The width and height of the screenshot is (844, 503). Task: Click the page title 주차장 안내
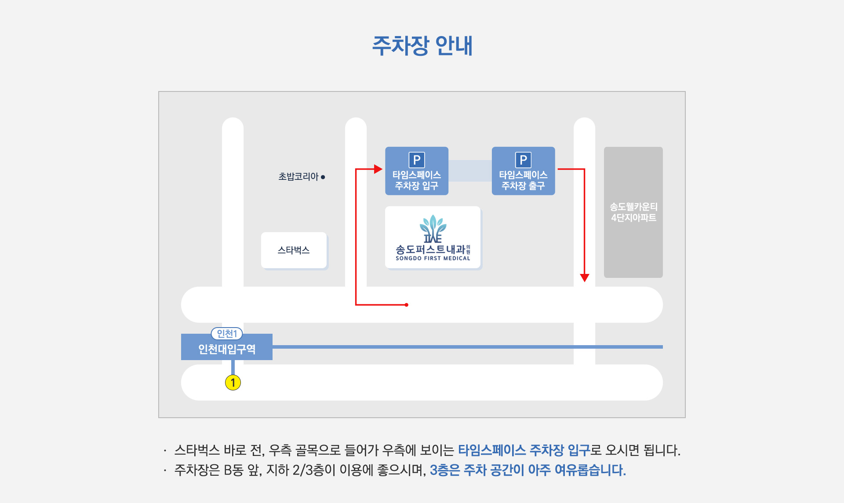click(x=422, y=46)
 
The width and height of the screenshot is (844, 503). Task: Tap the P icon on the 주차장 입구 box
click(x=416, y=160)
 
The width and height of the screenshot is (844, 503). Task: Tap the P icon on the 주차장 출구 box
click(x=523, y=160)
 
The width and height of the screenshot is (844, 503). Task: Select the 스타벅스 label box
click(x=294, y=250)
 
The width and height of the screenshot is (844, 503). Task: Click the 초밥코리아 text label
click(x=298, y=177)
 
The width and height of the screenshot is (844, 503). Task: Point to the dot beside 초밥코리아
click(x=323, y=177)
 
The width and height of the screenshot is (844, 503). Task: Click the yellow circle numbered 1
click(x=233, y=383)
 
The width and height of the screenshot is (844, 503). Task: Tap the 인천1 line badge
click(x=227, y=334)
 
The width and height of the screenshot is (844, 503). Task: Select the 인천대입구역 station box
click(x=227, y=349)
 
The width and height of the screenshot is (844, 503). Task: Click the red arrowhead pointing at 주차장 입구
click(x=378, y=169)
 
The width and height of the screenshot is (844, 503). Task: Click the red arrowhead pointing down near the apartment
click(x=584, y=277)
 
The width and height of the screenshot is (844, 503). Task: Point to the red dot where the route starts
click(x=407, y=305)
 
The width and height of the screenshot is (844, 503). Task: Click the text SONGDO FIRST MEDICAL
click(x=433, y=259)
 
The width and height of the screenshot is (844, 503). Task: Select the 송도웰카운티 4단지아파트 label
click(x=633, y=212)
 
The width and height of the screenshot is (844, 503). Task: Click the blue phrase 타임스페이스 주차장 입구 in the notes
click(x=524, y=450)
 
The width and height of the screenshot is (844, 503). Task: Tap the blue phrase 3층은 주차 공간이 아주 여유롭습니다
click(x=527, y=470)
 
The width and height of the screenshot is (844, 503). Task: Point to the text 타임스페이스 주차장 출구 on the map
click(x=523, y=180)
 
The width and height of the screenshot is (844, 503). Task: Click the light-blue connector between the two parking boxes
click(x=470, y=171)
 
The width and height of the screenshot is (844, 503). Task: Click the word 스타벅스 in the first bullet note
click(x=197, y=450)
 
